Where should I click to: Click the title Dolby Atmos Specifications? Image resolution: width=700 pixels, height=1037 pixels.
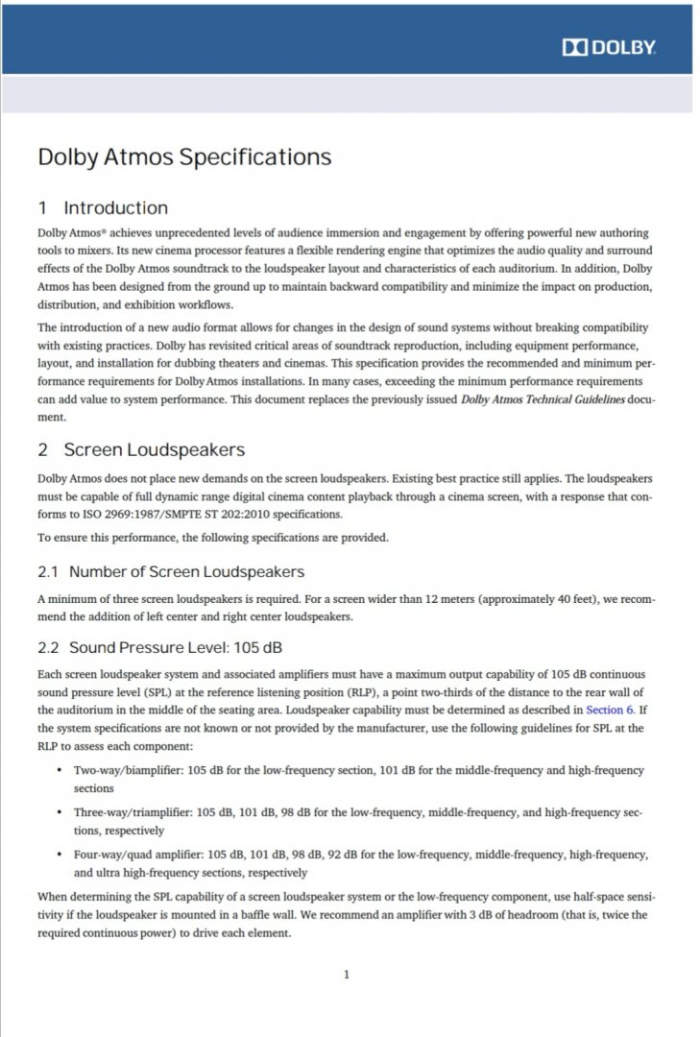click(184, 157)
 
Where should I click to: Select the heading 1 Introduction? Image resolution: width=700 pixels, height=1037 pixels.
click(103, 208)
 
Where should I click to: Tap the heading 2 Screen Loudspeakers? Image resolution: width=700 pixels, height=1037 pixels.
click(141, 449)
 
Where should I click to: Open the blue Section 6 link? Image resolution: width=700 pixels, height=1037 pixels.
click(610, 710)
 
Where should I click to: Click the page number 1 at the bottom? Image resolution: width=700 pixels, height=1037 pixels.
click(346, 975)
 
